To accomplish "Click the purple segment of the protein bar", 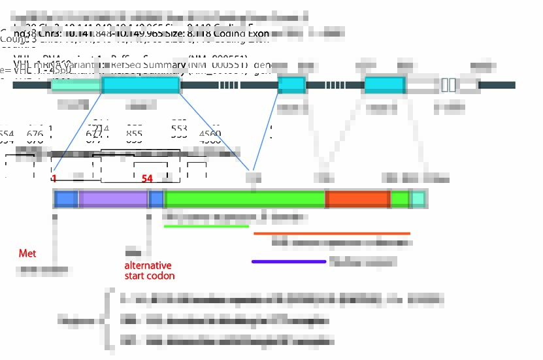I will click(114, 199).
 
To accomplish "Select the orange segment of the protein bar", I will click(357, 199).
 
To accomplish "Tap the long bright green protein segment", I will click(245, 199).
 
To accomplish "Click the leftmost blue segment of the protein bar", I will click(66, 199).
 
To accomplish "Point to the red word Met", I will click(27, 253).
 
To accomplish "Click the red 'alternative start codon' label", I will click(148, 270).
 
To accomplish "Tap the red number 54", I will click(147, 178).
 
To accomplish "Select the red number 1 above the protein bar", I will click(54, 178).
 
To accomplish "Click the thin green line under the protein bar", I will click(206, 227).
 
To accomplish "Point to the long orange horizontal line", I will click(331, 233).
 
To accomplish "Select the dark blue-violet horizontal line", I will click(288, 261).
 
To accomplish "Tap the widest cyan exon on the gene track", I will click(140, 85).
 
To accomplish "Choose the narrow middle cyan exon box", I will click(291, 85).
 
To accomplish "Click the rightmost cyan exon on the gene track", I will click(384, 85).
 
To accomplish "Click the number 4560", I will click(210, 134).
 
